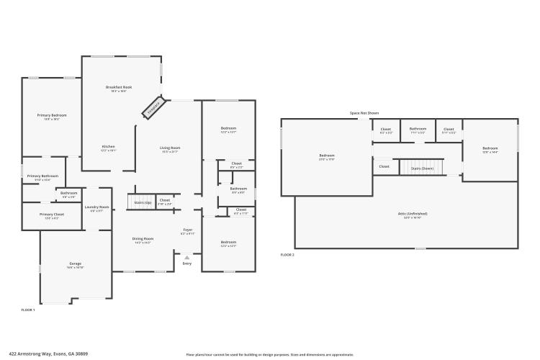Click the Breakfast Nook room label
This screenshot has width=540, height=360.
[x=119, y=88]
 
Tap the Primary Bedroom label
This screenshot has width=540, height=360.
[x=52, y=115]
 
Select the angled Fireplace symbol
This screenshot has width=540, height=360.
[x=153, y=108]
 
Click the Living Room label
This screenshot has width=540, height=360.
[x=170, y=148]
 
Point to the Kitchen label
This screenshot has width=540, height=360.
[x=108, y=147]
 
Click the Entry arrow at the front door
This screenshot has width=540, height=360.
[x=187, y=256]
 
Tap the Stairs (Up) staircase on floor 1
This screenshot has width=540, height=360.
[x=143, y=202]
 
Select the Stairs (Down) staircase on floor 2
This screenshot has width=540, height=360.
[x=422, y=168]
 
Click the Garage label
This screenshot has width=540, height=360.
[x=75, y=264]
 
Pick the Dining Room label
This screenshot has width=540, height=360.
[x=143, y=239]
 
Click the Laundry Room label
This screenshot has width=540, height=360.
[x=96, y=207]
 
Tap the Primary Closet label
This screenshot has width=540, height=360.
[x=52, y=215]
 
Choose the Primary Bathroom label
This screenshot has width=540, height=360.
[x=42, y=176]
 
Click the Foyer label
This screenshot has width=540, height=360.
[x=187, y=231]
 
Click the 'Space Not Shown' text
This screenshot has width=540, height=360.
[x=364, y=113]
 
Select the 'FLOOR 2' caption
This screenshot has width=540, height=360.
[x=287, y=255]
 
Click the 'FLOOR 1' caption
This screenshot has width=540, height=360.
[x=28, y=309]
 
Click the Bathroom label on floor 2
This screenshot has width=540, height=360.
[x=418, y=130]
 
